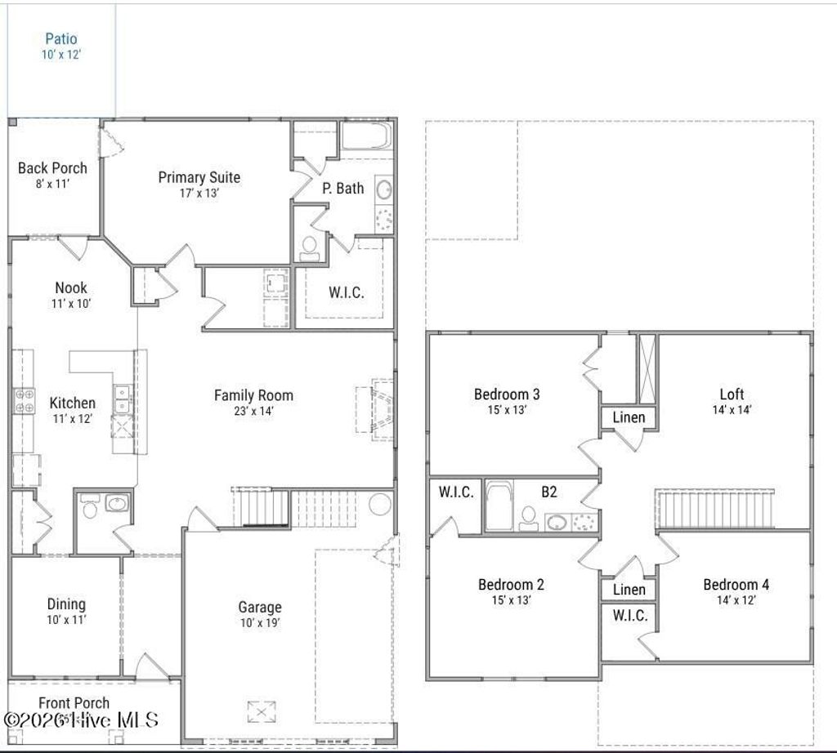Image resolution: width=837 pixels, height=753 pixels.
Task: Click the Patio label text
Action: tap(61, 38)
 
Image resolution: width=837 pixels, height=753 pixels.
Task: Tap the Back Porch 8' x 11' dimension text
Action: tap(51, 184)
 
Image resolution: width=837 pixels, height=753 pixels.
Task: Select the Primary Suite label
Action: tap(199, 177)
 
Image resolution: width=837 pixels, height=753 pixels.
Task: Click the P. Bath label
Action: tap(342, 188)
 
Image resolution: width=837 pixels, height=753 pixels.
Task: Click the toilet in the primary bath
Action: tap(310, 247)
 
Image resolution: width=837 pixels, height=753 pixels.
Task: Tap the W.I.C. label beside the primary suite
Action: tap(346, 292)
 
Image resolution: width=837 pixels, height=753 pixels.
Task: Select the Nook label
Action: tap(71, 287)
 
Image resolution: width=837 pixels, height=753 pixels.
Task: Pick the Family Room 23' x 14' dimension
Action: tap(253, 411)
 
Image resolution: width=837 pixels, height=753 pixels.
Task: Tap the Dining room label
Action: tap(65, 604)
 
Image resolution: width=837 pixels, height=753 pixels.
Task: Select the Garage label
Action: tap(260, 607)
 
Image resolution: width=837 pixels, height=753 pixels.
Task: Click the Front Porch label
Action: tap(74, 703)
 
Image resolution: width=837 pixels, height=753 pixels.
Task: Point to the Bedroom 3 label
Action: tap(507, 394)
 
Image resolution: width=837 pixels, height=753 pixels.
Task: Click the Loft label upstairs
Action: tap(732, 394)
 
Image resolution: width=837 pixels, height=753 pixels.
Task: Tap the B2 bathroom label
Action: tap(549, 492)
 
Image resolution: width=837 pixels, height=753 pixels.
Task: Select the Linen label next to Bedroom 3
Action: tap(629, 417)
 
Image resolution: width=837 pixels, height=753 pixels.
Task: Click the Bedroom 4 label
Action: tap(736, 585)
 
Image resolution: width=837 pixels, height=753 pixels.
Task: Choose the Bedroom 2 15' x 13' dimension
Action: tap(511, 600)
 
